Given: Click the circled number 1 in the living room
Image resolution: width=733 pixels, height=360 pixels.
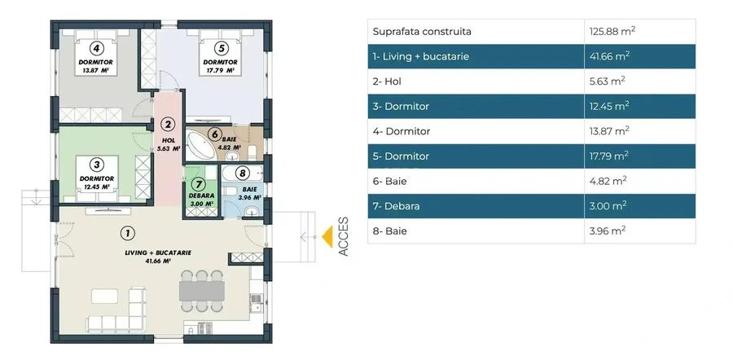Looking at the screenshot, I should point(127,233).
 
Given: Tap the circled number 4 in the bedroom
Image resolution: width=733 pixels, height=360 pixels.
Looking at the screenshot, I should point(96,47).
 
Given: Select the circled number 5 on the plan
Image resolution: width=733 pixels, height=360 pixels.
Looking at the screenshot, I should point(220,47).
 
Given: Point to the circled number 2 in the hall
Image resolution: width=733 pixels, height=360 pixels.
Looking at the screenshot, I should point(168,125).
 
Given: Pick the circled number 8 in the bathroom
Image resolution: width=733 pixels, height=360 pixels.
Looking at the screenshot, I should point(241,173).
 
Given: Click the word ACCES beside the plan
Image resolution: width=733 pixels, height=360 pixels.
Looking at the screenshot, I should point(344,237).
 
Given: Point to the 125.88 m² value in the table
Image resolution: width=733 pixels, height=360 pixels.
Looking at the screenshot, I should point(612,32).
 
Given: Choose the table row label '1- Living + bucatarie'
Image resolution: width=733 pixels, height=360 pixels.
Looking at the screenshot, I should point(420,56).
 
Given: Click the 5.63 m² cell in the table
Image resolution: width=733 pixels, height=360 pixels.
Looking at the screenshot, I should point(607,81).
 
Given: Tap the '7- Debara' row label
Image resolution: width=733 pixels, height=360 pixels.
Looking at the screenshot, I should point(396,206).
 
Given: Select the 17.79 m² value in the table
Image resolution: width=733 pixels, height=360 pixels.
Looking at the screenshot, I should point(609,156).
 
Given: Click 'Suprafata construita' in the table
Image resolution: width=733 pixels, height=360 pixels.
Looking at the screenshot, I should point(422,32).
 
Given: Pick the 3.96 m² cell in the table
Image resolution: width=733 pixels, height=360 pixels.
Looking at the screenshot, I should point(607,231).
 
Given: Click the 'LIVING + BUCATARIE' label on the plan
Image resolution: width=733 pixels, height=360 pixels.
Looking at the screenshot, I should point(158,252).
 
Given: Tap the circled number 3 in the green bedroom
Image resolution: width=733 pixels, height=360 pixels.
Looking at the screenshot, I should point(96,164).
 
